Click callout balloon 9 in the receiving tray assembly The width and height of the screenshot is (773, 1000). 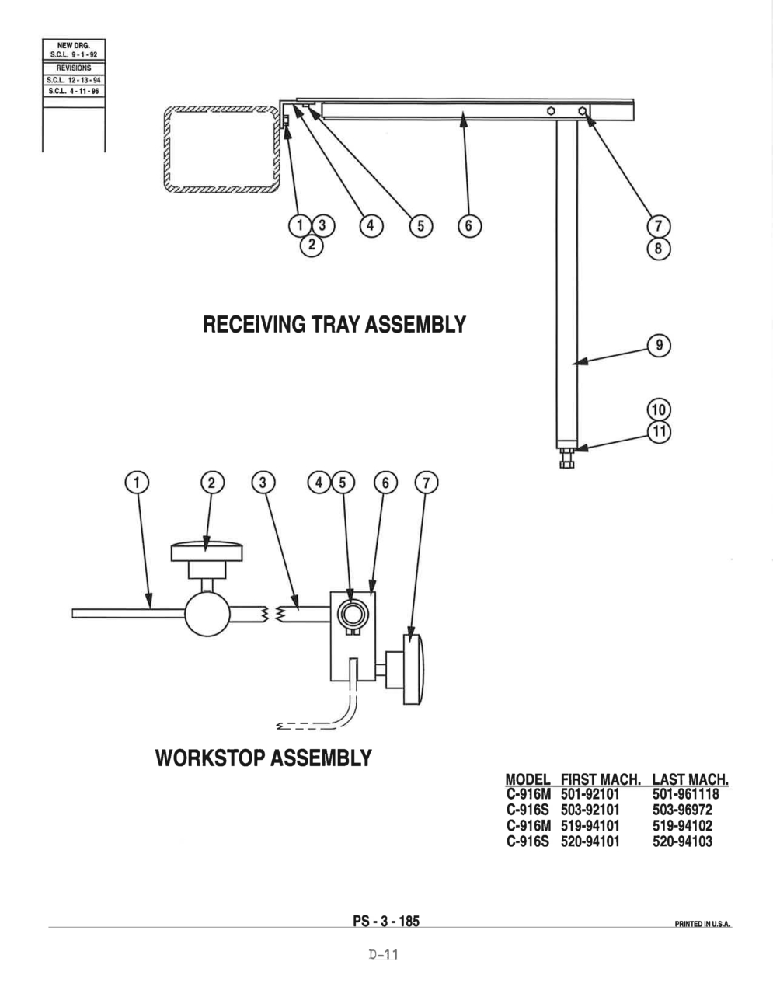click(x=659, y=345)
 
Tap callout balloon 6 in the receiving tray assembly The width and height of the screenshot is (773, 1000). click(x=469, y=226)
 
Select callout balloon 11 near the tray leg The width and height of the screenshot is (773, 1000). click(x=659, y=431)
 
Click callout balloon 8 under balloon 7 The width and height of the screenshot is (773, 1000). click(x=659, y=249)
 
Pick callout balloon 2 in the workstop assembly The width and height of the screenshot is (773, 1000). click(x=212, y=483)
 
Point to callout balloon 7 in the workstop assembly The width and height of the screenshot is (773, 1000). click(x=427, y=483)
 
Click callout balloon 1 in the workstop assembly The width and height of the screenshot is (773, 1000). click(x=137, y=483)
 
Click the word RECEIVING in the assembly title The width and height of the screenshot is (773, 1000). click(x=254, y=324)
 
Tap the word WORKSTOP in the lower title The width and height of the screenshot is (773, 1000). click(x=211, y=758)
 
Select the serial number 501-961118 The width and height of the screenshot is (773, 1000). click(x=685, y=794)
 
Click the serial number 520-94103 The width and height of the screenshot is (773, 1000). click(x=682, y=841)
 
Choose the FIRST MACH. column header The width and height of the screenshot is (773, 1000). click(x=601, y=779)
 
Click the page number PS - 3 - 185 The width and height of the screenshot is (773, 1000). click(x=386, y=921)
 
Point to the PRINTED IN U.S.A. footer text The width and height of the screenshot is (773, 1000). click(x=703, y=924)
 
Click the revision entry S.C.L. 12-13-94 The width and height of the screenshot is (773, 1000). click(x=74, y=80)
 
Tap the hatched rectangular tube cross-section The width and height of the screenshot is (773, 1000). click(x=221, y=149)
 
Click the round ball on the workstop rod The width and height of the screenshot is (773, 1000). click(x=207, y=614)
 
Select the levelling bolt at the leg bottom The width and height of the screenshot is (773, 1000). click(x=567, y=458)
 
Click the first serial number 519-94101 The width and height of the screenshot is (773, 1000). click(x=590, y=826)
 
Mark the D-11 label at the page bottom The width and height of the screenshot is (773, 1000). click(x=383, y=954)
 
